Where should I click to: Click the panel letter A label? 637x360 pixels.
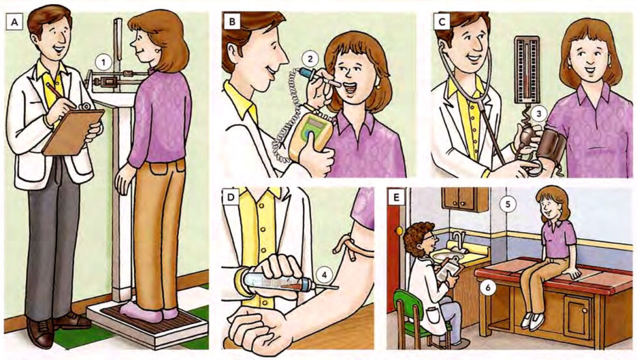click(x=12, y=23)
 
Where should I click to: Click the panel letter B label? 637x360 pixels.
click(x=231, y=23)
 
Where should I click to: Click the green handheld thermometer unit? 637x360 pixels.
click(x=311, y=136)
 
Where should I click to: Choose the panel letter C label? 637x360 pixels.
click(x=442, y=23)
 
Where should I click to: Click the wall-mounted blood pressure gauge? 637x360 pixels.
click(x=526, y=69)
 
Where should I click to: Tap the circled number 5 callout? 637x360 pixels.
click(x=510, y=204)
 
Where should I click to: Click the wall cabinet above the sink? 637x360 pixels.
click(x=465, y=199)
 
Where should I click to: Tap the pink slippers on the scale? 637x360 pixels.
click(x=146, y=313)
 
